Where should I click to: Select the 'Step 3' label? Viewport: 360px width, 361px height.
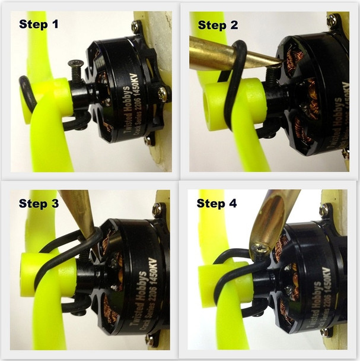point(39,204)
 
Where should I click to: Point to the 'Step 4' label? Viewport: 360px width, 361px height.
point(219,204)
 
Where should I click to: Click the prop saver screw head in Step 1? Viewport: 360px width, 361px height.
point(75,64)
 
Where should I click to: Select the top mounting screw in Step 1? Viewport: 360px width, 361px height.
point(136,26)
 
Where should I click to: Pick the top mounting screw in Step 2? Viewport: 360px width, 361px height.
point(332,21)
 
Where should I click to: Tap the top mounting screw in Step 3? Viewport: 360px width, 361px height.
point(157,209)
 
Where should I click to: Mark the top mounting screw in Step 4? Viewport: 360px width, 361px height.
point(325,210)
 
